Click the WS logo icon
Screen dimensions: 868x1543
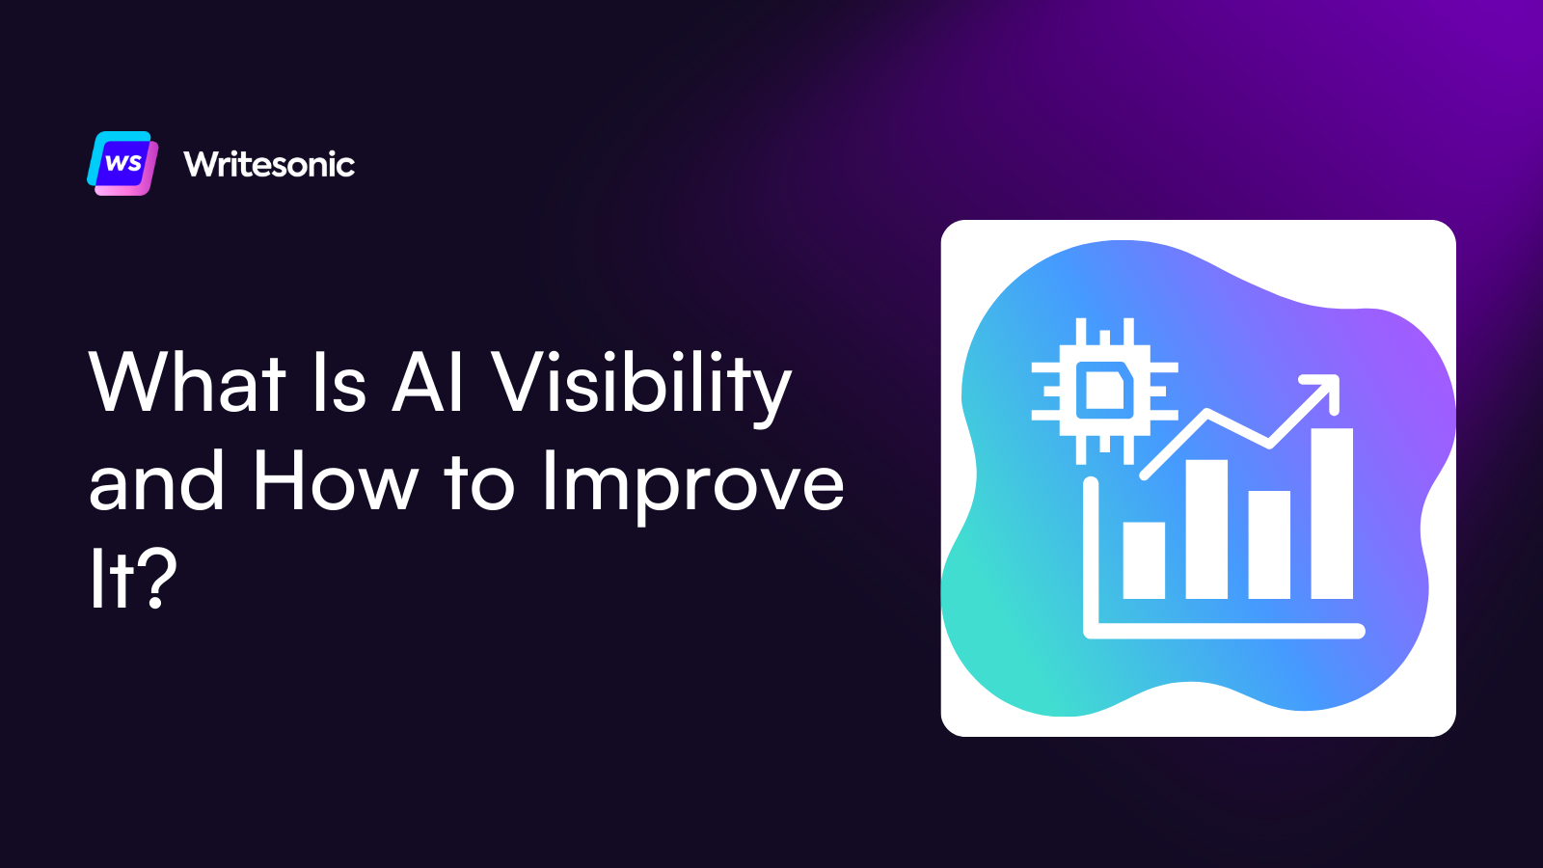click(122, 163)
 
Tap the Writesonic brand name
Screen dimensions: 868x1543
click(269, 165)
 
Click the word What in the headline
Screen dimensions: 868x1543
click(187, 383)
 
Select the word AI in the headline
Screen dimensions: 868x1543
click(428, 383)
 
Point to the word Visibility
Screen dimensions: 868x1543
click(641, 386)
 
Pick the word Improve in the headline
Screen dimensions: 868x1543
click(691, 485)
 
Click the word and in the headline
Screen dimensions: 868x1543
click(156, 481)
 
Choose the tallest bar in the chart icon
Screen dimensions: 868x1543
click(1332, 513)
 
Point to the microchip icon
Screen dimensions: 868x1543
click(1104, 391)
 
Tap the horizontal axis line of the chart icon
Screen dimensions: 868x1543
click(1225, 632)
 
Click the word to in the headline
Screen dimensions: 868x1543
click(479, 481)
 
